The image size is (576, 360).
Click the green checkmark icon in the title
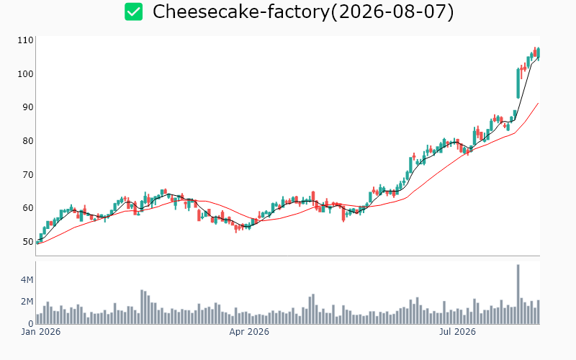tap(133, 12)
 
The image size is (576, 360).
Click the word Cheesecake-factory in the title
tap(241, 12)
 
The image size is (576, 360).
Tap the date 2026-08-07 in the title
tap(392, 12)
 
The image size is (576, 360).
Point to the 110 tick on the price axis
tap(25, 40)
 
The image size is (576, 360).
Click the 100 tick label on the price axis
tap(25, 74)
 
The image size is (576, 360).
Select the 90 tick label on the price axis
tap(28, 107)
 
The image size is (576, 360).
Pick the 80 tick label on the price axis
tap(28, 140)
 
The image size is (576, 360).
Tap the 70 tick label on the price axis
tap(28, 174)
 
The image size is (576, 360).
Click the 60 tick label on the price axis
tap(28, 208)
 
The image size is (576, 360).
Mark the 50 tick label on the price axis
tap(28, 242)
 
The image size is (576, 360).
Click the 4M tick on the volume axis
tap(27, 280)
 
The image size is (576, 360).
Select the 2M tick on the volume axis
tap(27, 302)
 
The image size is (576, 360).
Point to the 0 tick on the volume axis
tap(31, 323)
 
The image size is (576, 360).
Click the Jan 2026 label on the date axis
tap(41, 332)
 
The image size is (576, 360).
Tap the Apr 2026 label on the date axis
tap(249, 332)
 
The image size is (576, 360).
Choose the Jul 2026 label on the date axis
tap(457, 332)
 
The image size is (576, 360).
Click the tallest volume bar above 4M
tap(518, 294)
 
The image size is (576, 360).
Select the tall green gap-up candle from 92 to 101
tap(518, 83)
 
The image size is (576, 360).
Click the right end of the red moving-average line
tap(539, 103)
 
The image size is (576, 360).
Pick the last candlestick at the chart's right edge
tap(539, 53)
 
